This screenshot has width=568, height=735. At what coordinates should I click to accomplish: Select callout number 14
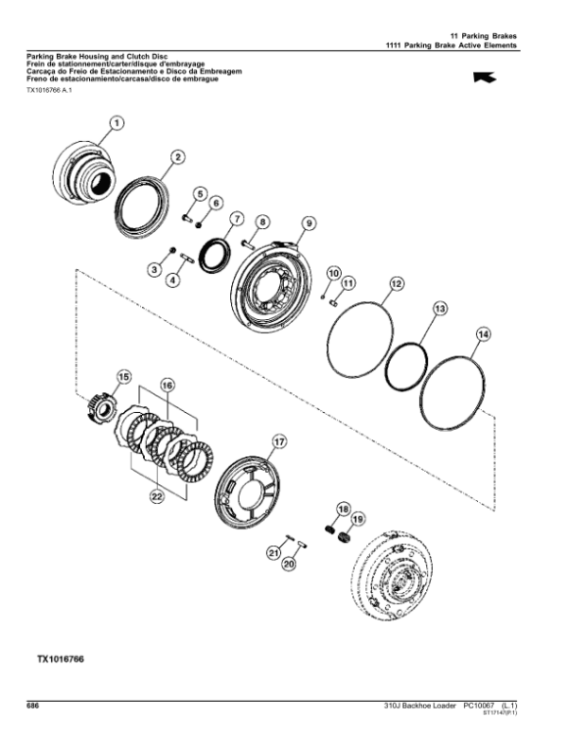[x=483, y=334]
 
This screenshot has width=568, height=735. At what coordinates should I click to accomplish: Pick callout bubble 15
[x=122, y=377]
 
